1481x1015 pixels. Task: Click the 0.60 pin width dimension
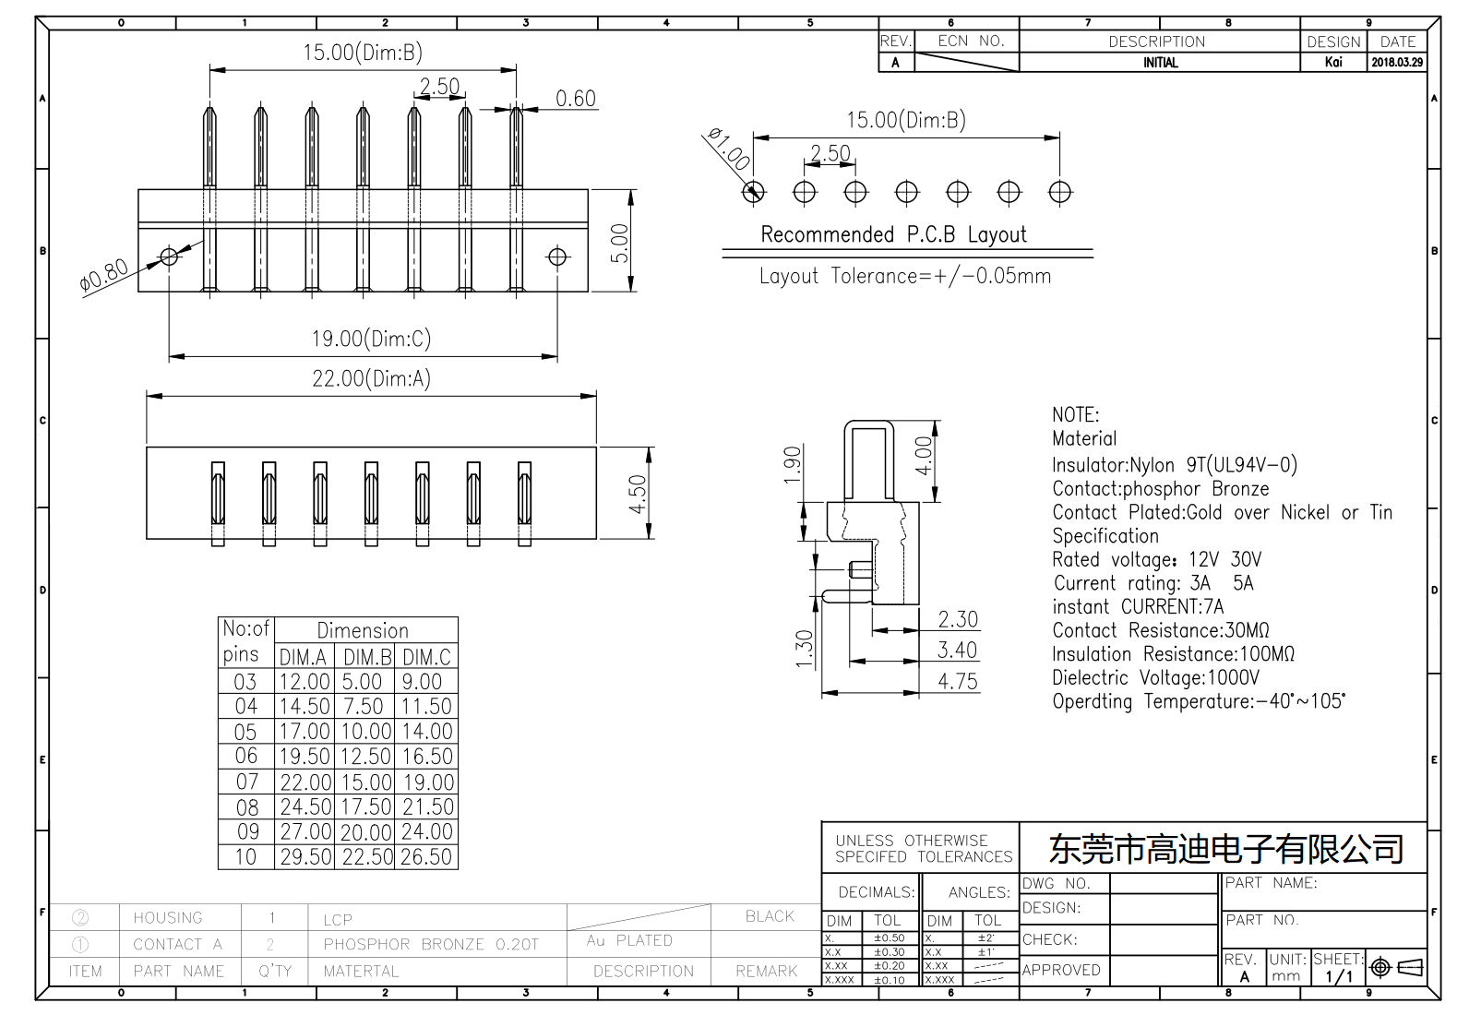[x=575, y=99]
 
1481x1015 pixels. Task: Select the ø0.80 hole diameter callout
[x=104, y=276]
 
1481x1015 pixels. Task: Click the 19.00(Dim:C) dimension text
[x=371, y=339]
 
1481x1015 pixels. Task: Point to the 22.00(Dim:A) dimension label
[x=371, y=378]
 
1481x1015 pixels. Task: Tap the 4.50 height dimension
[x=638, y=495]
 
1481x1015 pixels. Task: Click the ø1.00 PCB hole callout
[x=728, y=149]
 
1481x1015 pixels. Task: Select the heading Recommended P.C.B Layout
[x=893, y=234]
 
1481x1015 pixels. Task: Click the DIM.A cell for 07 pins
[x=305, y=782]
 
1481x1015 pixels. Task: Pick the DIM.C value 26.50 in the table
[x=426, y=856]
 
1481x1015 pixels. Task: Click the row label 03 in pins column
[x=245, y=682]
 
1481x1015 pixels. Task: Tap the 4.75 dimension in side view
[x=957, y=681]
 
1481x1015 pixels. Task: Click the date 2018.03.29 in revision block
[x=1397, y=63]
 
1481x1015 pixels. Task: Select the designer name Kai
[x=1333, y=63]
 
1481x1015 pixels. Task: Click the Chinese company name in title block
[x=1225, y=848]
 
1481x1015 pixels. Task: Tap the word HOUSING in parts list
[x=168, y=917]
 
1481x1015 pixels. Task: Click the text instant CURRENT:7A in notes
[x=1138, y=607]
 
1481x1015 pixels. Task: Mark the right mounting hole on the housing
[x=557, y=257]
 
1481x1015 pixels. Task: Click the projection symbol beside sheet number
[x=1396, y=967]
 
